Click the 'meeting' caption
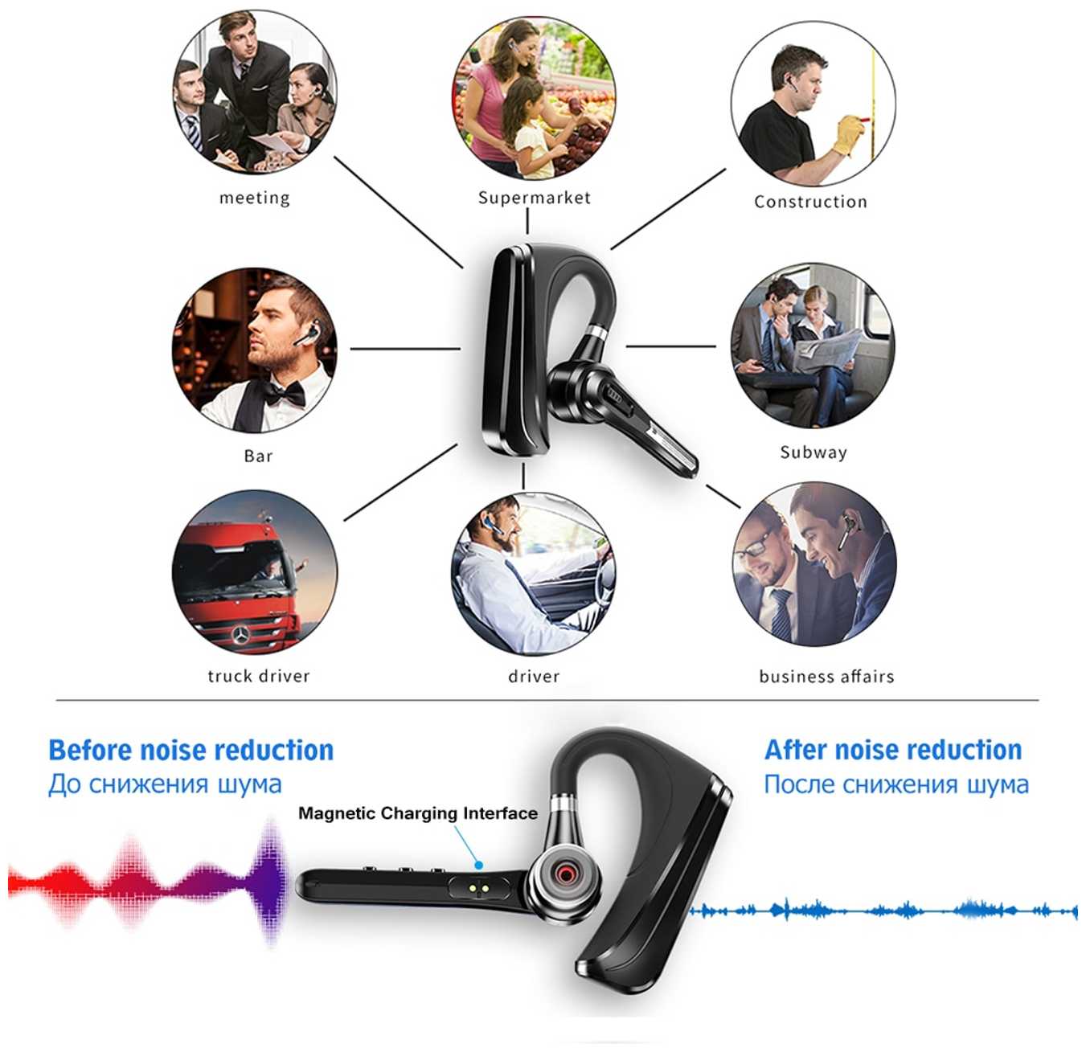tap(254, 198)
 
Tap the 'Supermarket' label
tap(534, 198)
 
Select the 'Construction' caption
tap(810, 202)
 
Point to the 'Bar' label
tap(258, 456)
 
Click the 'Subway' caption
tap(813, 452)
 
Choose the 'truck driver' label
tap(258, 676)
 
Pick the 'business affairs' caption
tap(826, 677)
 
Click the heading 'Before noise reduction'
tap(191, 750)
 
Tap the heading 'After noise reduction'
tap(893, 750)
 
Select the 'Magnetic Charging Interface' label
tap(418, 813)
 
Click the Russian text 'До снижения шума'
tap(166, 784)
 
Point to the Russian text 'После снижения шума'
tap(896, 784)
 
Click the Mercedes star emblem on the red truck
tap(240, 636)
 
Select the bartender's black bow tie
tap(286, 392)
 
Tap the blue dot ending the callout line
tap(479, 866)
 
